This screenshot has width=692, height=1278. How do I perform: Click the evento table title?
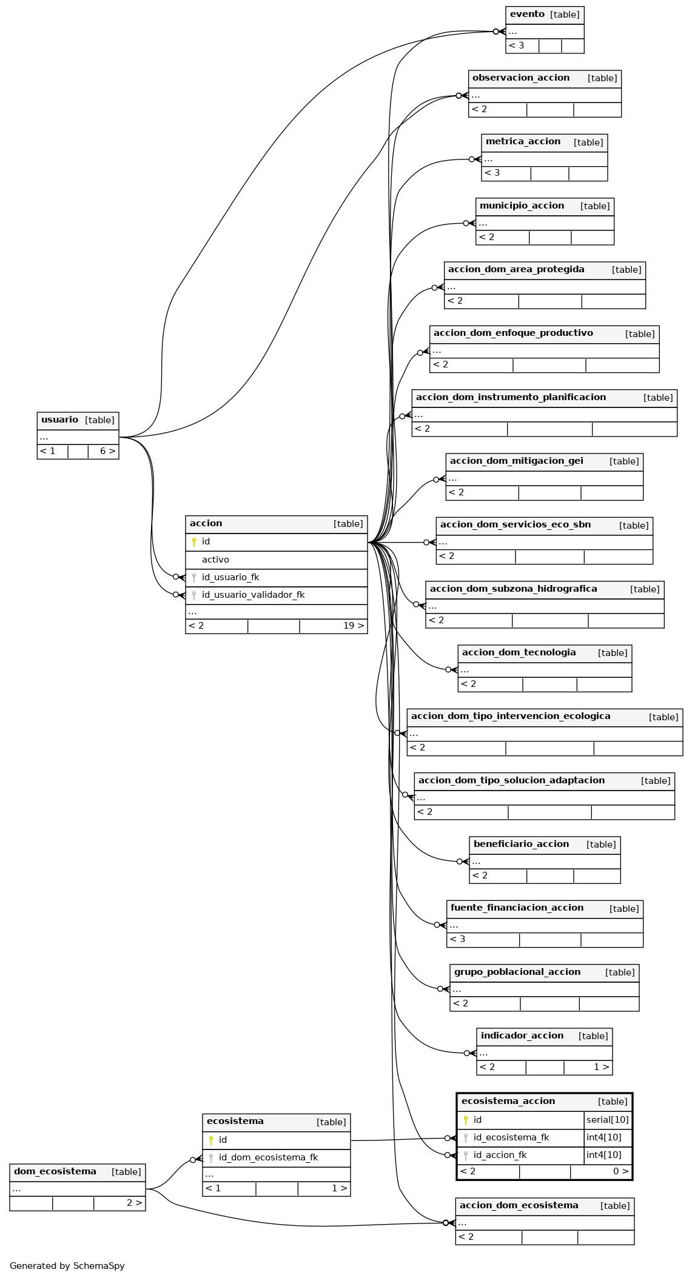[x=527, y=14]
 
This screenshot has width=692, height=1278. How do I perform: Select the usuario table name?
[x=59, y=420]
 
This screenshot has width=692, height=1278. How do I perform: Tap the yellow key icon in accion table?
[x=193, y=542]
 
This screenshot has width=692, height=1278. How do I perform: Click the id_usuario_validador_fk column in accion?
[x=253, y=595]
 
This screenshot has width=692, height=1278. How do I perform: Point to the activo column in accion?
[x=215, y=560]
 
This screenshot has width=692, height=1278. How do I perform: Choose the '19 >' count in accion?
[x=354, y=626]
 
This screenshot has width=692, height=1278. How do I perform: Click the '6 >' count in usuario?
[x=107, y=451]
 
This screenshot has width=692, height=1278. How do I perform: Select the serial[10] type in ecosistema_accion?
[x=608, y=1120]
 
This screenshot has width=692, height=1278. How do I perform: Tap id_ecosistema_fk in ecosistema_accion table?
[x=511, y=1137]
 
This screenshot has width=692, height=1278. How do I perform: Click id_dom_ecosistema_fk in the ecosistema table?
[x=268, y=1157]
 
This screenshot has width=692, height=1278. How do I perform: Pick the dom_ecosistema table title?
[x=55, y=1171]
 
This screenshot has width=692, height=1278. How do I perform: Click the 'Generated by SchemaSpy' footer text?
[x=67, y=1266]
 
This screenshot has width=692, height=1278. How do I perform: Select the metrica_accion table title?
[x=523, y=141]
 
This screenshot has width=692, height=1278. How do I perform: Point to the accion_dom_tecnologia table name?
[x=519, y=652]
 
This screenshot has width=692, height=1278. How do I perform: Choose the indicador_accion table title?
[x=522, y=1035]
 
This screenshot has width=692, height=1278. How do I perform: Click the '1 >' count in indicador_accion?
[x=601, y=1067]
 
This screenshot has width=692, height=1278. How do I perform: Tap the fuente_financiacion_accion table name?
[x=517, y=908]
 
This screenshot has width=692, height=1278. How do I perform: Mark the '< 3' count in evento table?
[x=516, y=45]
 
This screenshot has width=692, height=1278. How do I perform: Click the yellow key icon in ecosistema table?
[x=210, y=1140]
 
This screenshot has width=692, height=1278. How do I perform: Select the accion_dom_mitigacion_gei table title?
[x=516, y=461]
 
